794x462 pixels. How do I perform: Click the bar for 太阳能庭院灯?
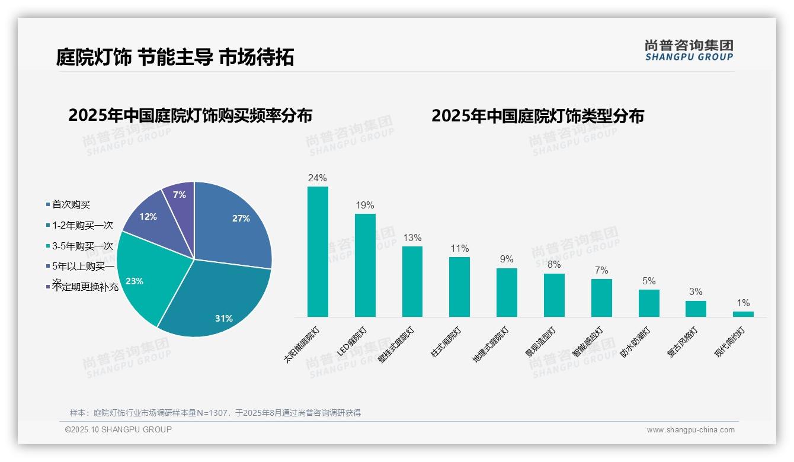tap(318, 252)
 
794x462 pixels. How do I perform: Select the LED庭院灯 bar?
tap(365, 265)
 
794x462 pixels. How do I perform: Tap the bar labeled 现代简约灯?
tap(743, 314)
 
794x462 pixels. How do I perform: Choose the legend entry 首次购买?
tap(71, 204)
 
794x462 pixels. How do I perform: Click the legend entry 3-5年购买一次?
tap(82, 246)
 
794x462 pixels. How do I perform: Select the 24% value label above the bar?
tap(318, 178)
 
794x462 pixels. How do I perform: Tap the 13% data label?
tap(412, 238)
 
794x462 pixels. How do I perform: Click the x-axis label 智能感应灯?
tap(588, 342)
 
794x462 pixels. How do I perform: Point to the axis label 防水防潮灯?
tap(635, 342)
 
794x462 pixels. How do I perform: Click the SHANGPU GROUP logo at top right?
tap(689, 50)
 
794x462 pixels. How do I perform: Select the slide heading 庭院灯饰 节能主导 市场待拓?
tap(175, 57)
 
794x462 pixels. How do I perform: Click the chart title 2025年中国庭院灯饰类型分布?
tap(537, 115)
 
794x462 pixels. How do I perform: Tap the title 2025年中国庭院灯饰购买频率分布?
tap(190, 115)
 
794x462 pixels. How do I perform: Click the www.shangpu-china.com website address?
tap(690, 430)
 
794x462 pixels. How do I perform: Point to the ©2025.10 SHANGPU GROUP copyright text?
tap(118, 429)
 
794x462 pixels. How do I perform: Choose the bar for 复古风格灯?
tap(696, 309)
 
